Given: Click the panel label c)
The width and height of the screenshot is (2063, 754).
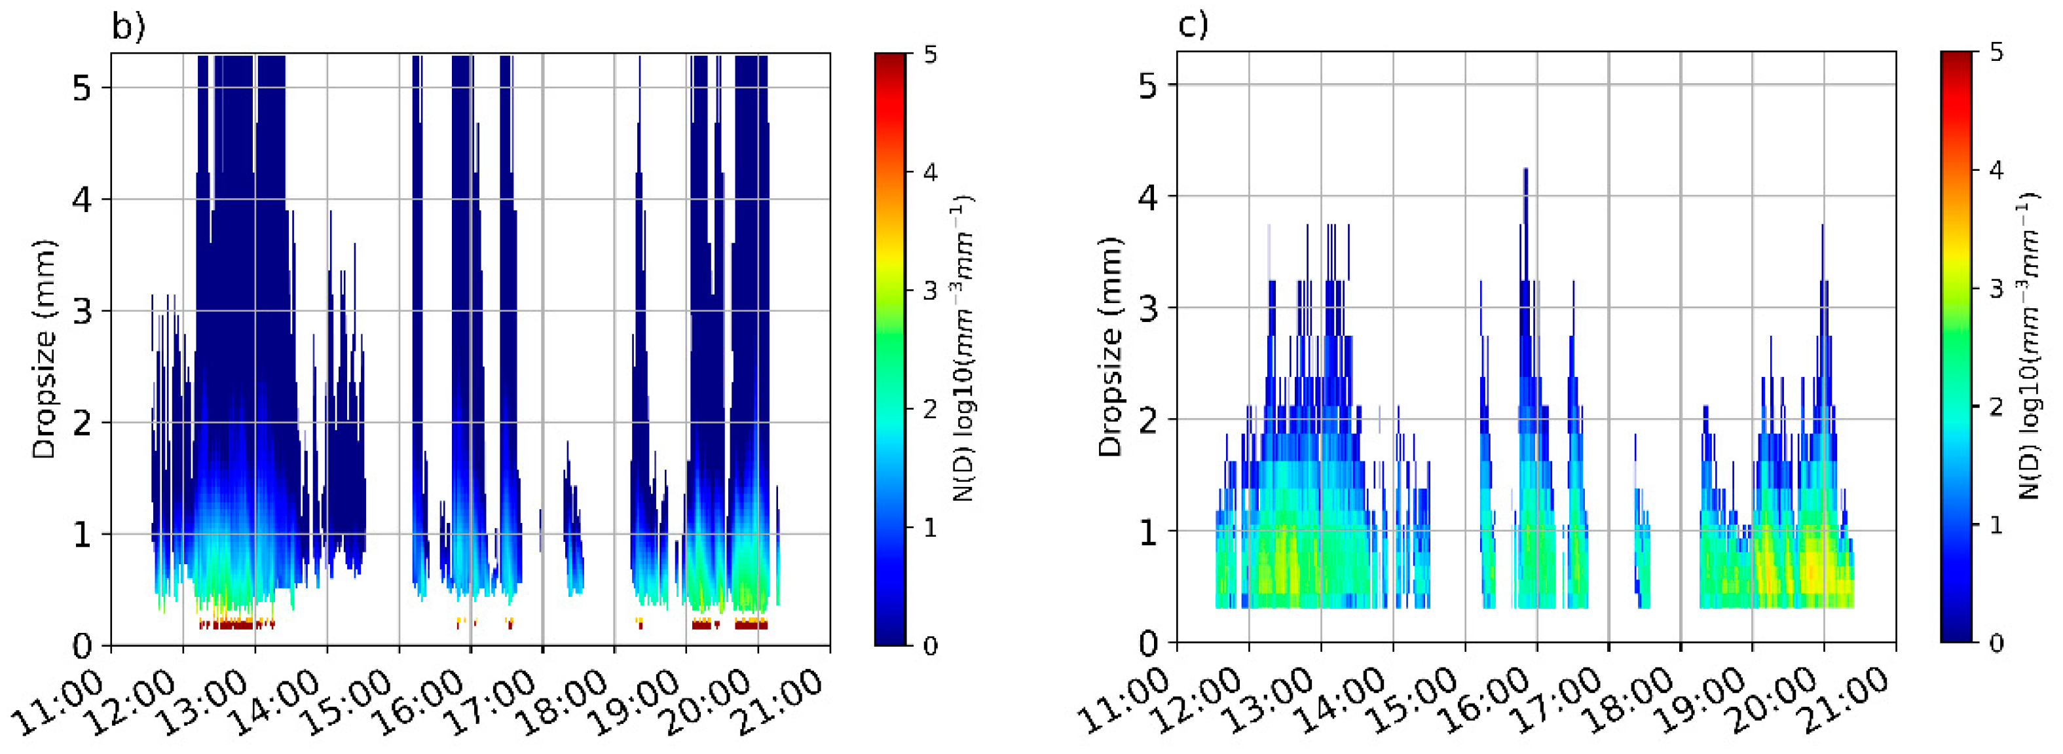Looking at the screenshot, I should coord(1193,26).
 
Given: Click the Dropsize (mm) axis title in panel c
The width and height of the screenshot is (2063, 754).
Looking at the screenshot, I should coord(1111,348).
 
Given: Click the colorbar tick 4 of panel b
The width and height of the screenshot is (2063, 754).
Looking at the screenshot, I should coord(930,173).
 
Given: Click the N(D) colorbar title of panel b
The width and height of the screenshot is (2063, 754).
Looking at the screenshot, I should coord(964,349).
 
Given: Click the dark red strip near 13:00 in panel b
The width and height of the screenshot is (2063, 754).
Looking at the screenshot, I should coord(236,625).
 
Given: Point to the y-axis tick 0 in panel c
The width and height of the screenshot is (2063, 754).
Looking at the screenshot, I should coord(1149,643).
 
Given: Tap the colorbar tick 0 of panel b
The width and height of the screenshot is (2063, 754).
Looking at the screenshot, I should coord(930,645).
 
